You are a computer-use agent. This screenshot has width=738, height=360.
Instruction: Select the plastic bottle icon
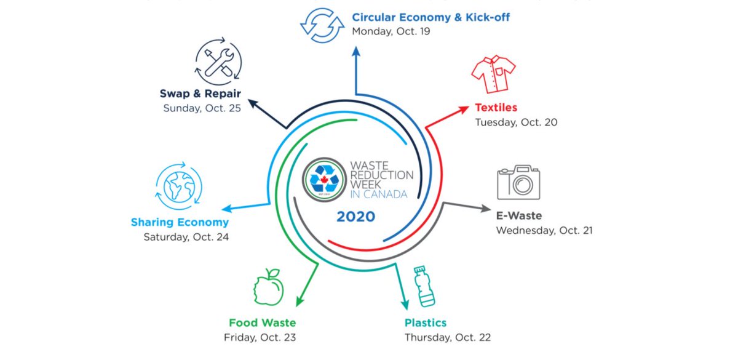pos(425,286)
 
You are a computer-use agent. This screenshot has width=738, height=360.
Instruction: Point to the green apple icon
pos(269,287)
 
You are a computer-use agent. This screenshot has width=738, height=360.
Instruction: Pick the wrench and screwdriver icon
pos(218,63)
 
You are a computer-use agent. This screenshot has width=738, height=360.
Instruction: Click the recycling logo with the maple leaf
pos(324,179)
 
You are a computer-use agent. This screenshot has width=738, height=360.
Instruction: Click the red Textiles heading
pos(496,108)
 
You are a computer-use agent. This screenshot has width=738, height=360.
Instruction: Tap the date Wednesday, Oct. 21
pos(544,231)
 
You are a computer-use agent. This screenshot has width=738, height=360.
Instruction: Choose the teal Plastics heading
pos(425,323)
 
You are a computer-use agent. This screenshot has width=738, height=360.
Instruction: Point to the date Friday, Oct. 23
pos(260,337)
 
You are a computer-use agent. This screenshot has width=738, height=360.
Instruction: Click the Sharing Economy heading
pos(180,222)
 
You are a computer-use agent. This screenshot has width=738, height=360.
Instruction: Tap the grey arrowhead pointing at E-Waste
pos(483,208)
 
